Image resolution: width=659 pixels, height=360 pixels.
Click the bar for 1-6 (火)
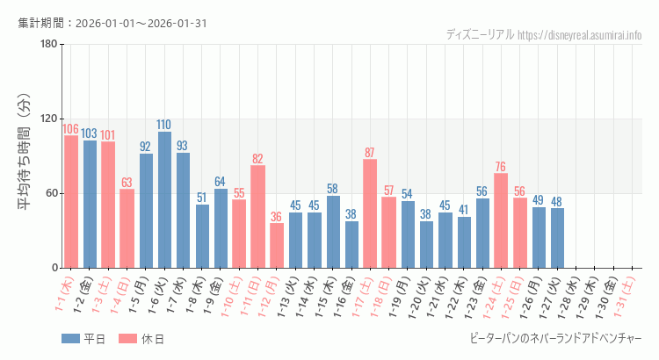[164, 200]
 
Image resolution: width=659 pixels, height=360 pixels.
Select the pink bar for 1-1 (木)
[71, 202]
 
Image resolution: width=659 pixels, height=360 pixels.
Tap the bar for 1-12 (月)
[277, 245]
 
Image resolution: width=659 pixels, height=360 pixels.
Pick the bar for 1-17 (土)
[370, 213]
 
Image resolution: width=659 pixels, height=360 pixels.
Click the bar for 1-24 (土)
[501, 220]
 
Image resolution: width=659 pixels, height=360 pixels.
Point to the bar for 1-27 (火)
[557, 238]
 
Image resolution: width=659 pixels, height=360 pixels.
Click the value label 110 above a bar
[164, 125]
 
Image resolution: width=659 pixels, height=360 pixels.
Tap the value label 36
[277, 217]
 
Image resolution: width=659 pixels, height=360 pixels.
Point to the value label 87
[370, 153]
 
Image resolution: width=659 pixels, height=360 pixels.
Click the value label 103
[90, 133]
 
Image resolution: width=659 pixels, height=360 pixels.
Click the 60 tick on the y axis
[51, 193]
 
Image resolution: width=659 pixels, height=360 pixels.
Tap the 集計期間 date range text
[112, 23]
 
